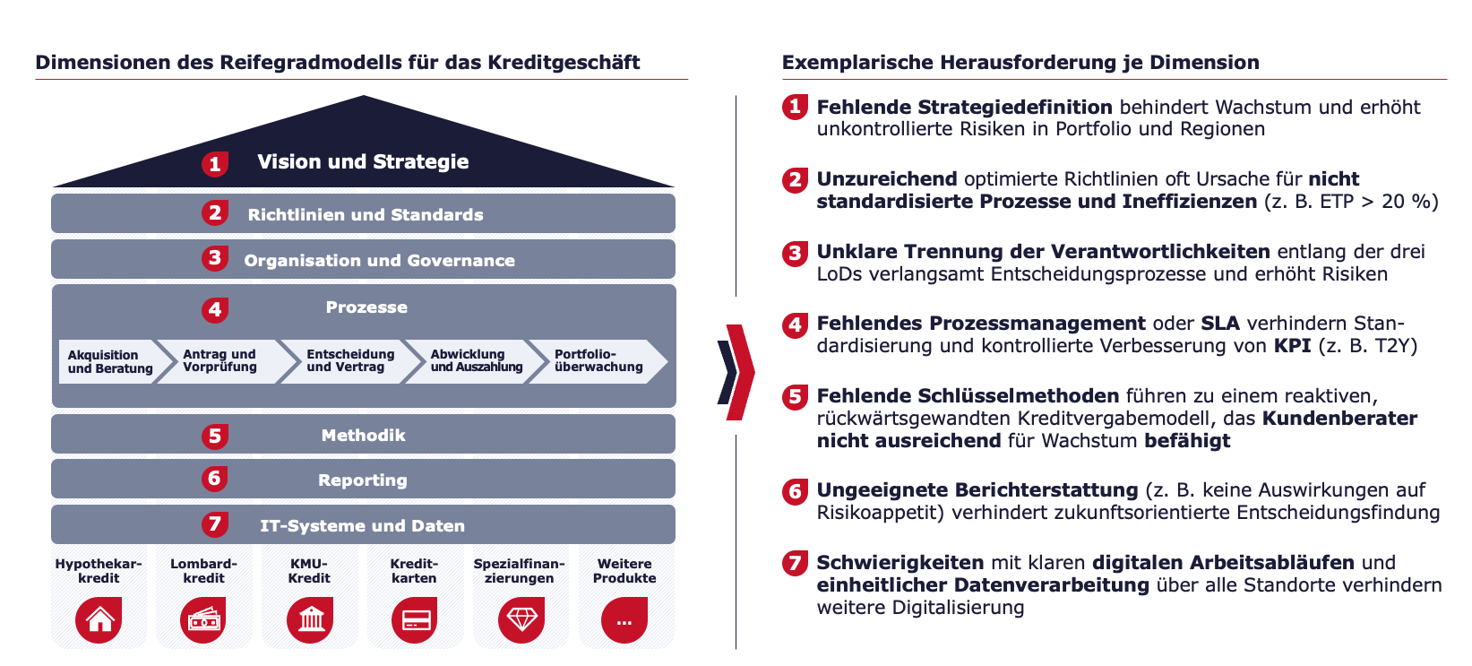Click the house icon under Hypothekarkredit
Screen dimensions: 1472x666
click(99, 620)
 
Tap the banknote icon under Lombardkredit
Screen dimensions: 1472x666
click(203, 620)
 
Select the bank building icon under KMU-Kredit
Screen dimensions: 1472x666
click(310, 620)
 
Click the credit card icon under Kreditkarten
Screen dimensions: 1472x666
click(415, 620)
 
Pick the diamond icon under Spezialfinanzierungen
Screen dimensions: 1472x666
click(521, 620)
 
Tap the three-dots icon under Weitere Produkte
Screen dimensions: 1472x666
click(624, 620)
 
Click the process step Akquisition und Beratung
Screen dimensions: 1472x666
click(109, 361)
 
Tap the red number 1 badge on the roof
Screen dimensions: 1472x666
click(215, 164)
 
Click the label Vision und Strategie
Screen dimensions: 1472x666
click(363, 161)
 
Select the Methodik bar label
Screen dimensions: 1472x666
click(364, 436)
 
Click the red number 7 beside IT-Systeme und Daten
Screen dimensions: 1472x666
click(215, 524)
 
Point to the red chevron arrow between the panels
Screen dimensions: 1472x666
click(741, 372)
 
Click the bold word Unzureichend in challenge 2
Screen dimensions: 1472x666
click(886, 179)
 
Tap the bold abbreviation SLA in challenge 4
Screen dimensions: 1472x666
click(1220, 324)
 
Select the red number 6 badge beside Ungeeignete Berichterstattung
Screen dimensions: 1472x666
click(796, 491)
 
